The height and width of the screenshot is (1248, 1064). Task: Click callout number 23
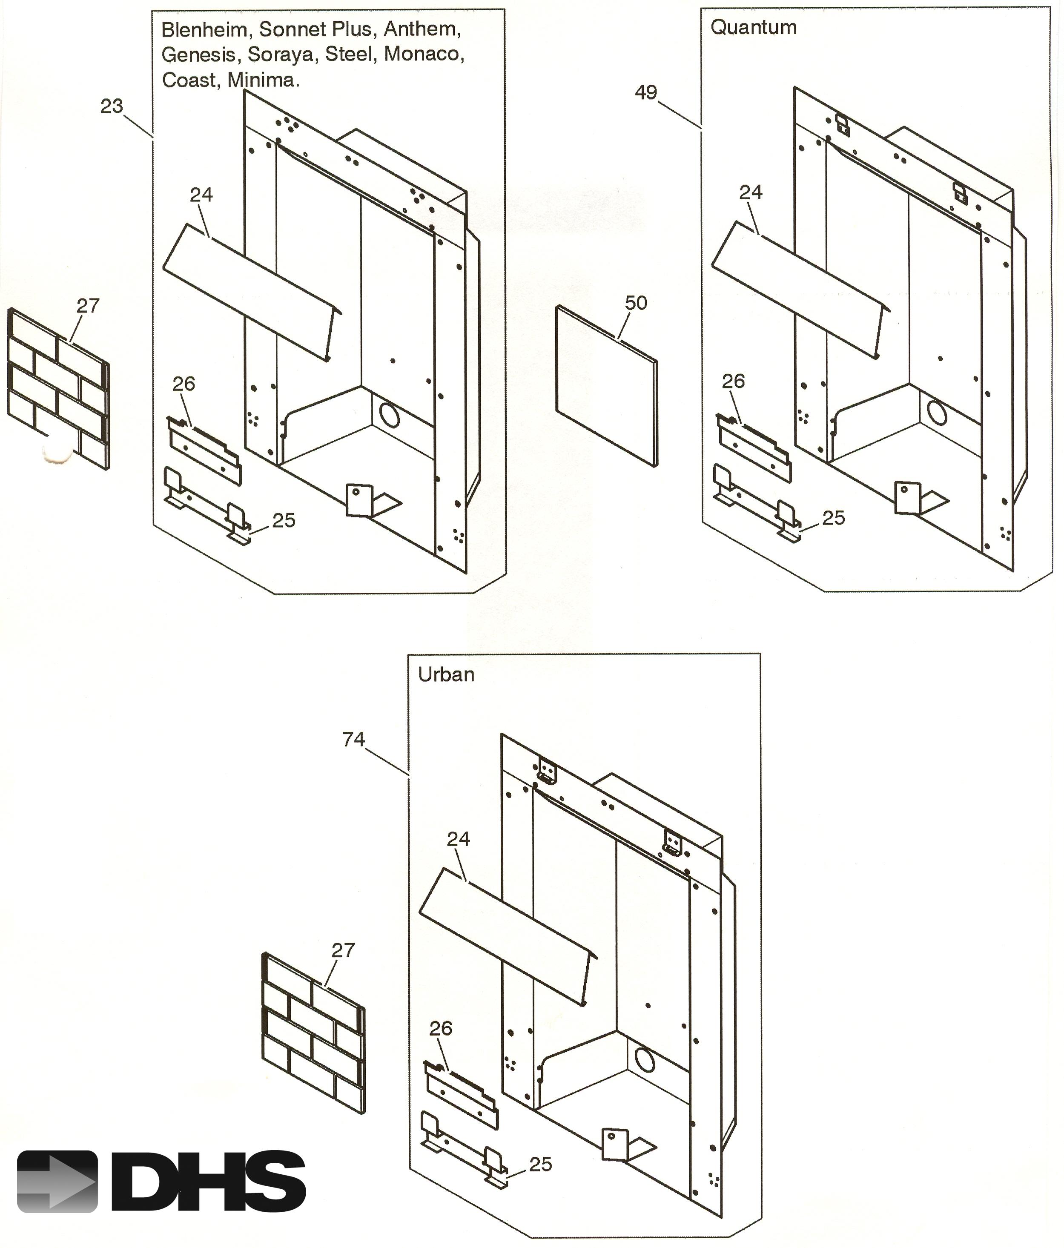(112, 106)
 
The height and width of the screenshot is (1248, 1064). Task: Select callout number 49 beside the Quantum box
(646, 93)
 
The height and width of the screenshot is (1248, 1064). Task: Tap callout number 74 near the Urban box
(354, 739)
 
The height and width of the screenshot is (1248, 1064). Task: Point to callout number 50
(636, 303)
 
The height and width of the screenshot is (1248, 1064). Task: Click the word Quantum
(753, 28)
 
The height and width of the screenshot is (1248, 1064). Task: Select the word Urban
(446, 674)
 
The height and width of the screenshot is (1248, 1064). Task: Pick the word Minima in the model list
(263, 80)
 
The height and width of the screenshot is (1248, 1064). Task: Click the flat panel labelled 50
(606, 385)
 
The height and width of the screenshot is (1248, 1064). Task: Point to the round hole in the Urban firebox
(644, 1059)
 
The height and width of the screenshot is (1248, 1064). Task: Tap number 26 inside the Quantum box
(734, 381)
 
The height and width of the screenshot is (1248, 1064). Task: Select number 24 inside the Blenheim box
(201, 195)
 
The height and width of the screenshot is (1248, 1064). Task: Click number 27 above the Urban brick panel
(343, 950)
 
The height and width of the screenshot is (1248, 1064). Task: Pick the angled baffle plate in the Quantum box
(801, 289)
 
